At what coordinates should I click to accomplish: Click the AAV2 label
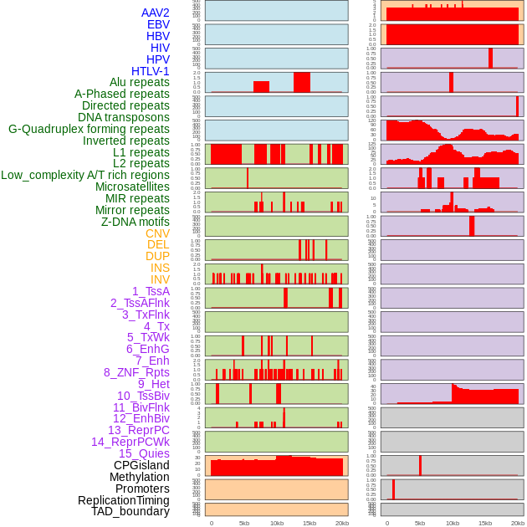(x=156, y=13)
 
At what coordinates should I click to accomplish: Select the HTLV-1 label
(x=151, y=71)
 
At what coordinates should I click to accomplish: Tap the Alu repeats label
(x=140, y=83)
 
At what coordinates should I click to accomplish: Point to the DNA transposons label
(x=124, y=118)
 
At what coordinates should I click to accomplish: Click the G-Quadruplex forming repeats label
(x=89, y=130)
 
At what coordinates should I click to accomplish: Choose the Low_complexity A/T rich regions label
(x=85, y=176)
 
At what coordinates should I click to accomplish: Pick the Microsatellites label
(x=132, y=187)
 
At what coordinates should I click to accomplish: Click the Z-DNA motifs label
(x=136, y=223)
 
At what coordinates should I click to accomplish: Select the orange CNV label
(x=157, y=233)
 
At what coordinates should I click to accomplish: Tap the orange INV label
(x=160, y=279)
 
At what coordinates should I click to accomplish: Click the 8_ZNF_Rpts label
(x=136, y=372)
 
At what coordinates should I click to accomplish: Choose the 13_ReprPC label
(x=138, y=430)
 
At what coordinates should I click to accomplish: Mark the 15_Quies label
(x=143, y=453)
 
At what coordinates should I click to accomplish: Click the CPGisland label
(x=141, y=465)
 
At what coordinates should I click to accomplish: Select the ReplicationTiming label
(x=124, y=500)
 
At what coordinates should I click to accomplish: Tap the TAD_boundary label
(x=130, y=511)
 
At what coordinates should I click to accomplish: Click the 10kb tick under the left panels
(x=276, y=523)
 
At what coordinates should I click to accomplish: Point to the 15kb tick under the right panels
(x=485, y=523)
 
